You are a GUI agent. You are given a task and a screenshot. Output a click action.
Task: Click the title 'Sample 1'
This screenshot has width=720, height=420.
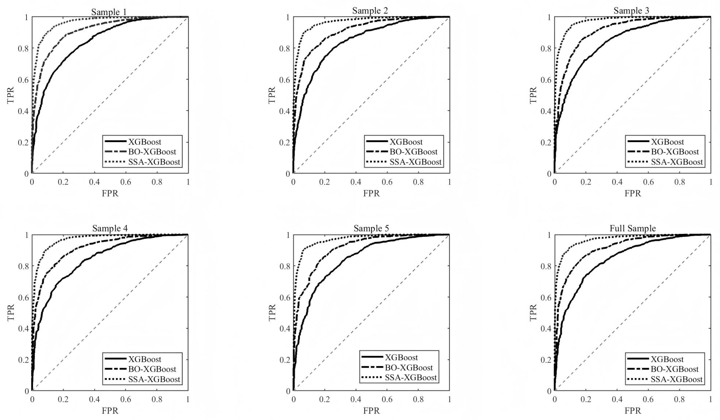[109, 12]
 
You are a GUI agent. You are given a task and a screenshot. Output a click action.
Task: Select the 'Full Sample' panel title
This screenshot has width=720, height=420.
[632, 228]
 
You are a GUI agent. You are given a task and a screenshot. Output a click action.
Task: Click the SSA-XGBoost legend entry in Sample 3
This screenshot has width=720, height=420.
[677, 162]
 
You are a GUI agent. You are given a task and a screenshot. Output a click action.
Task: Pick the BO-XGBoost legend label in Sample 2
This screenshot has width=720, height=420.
[413, 152]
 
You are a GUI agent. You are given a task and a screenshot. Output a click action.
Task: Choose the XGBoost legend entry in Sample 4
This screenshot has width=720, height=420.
[144, 359]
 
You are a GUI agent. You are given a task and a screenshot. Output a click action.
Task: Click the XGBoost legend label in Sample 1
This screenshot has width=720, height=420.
[144, 142]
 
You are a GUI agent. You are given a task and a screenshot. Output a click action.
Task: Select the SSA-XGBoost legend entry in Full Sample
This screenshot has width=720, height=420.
[677, 379]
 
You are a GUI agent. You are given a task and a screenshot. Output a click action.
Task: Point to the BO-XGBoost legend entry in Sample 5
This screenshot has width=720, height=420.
[409, 367]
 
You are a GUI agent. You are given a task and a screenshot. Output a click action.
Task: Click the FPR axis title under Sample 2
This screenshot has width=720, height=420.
[371, 193]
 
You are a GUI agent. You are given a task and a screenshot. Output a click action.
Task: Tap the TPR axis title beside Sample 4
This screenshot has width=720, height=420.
[11, 312]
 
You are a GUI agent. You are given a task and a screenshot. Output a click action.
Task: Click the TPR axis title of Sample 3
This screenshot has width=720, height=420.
[533, 95]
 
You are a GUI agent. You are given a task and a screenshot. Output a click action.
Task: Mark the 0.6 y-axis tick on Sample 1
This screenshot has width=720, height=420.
[23, 80]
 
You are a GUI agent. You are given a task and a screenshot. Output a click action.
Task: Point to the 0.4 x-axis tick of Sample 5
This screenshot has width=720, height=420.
[356, 399]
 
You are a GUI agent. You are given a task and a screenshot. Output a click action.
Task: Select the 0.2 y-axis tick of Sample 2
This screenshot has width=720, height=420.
[285, 142]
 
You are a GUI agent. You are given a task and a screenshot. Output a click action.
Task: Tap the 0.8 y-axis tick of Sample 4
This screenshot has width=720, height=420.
[23, 266]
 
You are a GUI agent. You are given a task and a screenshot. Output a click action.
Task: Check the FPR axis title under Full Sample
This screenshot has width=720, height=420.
[632, 411]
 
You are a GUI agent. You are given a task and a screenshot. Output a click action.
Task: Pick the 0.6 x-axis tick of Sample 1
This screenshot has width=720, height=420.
[126, 182]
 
